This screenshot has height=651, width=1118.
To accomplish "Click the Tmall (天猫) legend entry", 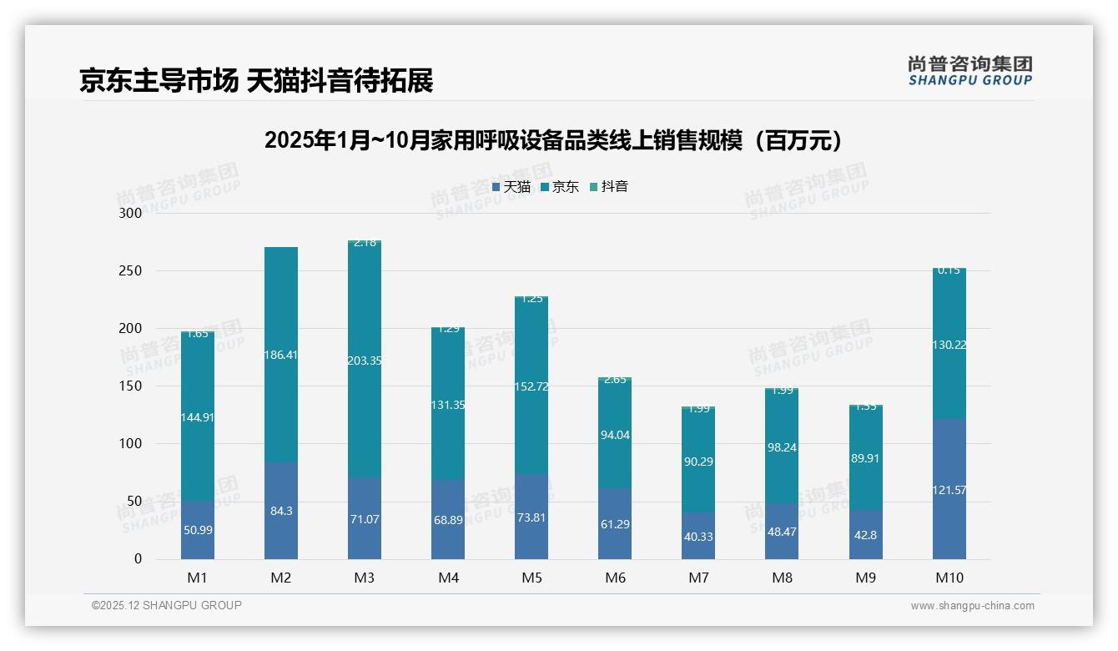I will click(x=511, y=187).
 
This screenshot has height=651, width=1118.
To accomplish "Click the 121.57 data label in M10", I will click(x=949, y=490).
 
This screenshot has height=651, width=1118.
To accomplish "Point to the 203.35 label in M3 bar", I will click(x=365, y=361).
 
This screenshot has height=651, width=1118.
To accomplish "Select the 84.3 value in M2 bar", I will click(x=281, y=511).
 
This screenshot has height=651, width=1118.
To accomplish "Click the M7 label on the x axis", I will click(x=698, y=578).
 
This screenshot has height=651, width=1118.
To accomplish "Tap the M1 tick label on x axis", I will click(x=198, y=578).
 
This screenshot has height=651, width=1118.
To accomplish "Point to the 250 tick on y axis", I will click(x=131, y=271).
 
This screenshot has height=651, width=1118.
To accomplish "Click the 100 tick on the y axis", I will click(x=131, y=444).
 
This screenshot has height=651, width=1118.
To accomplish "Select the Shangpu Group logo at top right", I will click(x=969, y=71).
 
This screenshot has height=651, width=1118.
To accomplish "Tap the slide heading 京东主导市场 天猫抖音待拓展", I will click(x=256, y=81).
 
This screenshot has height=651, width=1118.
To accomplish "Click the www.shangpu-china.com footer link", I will click(x=972, y=606).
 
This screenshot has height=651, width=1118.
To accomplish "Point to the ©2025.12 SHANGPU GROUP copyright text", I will click(x=167, y=606).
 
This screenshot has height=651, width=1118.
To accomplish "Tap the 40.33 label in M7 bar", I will click(x=698, y=537).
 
